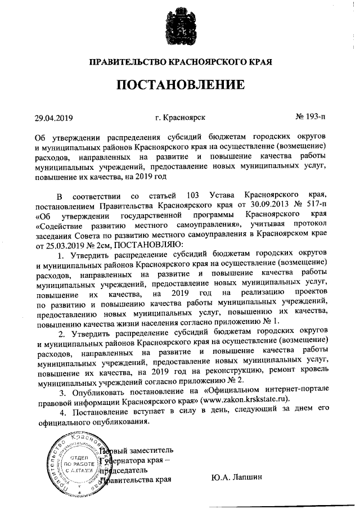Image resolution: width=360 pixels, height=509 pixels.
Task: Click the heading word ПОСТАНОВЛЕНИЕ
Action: click(x=181, y=85)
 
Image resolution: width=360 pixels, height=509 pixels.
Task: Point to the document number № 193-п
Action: click(x=310, y=118)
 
